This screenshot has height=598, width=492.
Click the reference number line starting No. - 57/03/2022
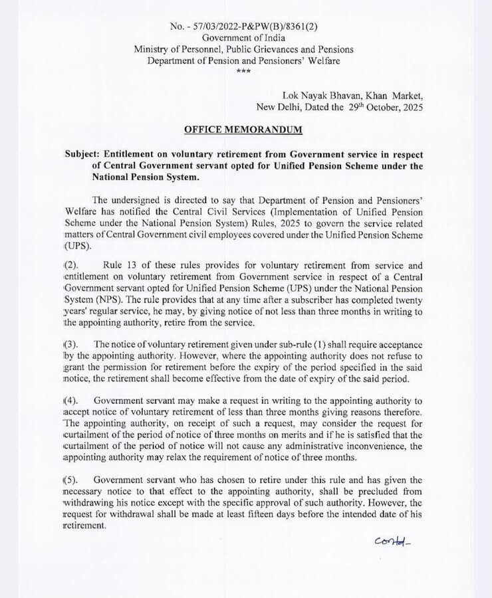pos(243,26)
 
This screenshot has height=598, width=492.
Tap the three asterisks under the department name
pos(244,71)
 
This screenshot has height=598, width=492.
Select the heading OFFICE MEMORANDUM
pos(243,129)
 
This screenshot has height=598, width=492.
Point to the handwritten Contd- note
pos(394,540)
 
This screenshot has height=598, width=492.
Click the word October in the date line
pos(372,106)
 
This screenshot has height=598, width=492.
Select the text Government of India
pos(243,38)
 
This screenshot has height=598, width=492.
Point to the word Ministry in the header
pos(152,49)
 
